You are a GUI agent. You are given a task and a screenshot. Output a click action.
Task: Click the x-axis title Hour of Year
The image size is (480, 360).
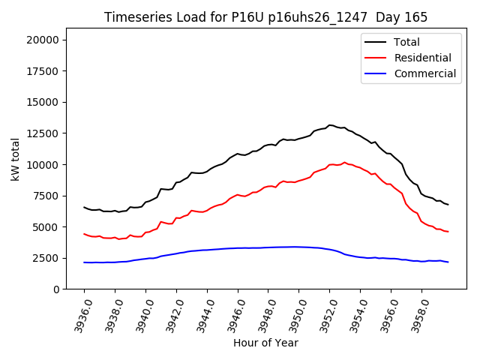tap(265, 343)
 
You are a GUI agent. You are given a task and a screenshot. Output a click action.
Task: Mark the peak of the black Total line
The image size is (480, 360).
tap(330, 125)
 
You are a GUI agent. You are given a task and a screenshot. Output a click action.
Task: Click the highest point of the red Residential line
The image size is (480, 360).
tap(344, 162)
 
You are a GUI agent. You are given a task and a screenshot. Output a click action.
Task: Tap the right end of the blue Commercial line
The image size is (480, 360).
tap(448, 262)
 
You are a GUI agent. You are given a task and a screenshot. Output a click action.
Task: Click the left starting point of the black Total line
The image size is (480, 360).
tap(84, 207)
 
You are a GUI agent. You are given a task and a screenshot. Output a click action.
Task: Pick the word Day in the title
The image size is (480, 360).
tap(397, 17)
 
